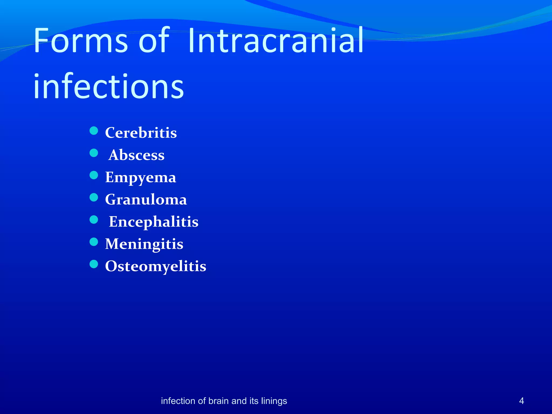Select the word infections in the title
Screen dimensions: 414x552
click(109, 86)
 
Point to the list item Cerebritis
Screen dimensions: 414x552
click(141, 133)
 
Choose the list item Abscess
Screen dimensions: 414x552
click(136, 155)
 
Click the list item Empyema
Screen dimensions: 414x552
click(140, 177)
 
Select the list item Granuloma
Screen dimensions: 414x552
click(146, 199)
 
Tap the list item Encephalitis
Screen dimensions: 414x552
click(153, 222)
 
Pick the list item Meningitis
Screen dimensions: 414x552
click(144, 244)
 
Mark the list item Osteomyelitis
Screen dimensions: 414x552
click(156, 266)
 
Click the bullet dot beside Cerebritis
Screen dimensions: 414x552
click(94, 131)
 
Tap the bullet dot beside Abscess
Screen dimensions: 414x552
click(94, 153)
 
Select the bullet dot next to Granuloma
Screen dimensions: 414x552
click(94, 198)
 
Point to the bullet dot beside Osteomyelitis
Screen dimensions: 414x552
click(94, 264)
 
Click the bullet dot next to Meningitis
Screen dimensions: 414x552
click(94, 242)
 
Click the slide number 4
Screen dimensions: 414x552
click(521, 401)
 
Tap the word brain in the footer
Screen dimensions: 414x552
click(219, 401)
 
